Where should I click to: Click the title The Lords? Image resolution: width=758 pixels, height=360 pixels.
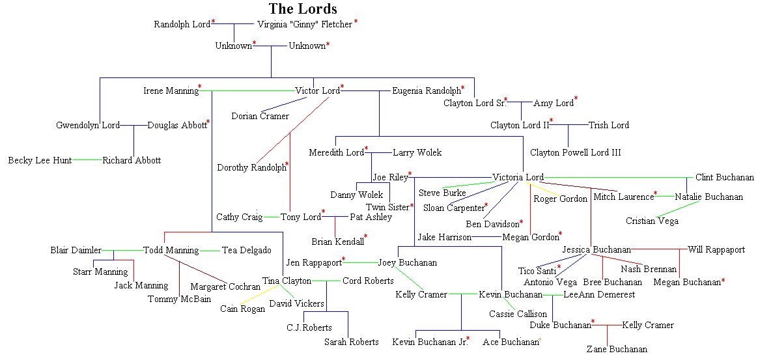click(x=303, y=8)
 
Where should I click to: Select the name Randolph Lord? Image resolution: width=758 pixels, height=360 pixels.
click(x=182, y=25)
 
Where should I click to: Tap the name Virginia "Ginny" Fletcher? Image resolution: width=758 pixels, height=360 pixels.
click(x=305, y=25)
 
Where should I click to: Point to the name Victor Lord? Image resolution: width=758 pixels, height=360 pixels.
click(x=317, y=91)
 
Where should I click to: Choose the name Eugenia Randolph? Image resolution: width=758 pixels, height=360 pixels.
click(x=426, y=91)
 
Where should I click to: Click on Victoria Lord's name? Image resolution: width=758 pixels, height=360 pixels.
click(x=518, y=178)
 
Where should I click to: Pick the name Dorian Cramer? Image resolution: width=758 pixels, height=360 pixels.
click(x=260, y=117)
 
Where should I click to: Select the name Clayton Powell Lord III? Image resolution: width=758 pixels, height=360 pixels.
click(x=575, y=152)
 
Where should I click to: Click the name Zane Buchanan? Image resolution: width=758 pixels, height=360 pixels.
click(x=617, y=350)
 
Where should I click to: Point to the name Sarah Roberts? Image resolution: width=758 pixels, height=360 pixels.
click(x=351, y=342)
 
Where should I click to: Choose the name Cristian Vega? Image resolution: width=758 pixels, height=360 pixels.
click(x=652, y=221)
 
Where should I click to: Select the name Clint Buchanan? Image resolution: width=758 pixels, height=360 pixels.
click(x=724, y=178)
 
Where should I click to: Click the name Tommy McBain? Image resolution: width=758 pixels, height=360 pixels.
click(x=171, y=299)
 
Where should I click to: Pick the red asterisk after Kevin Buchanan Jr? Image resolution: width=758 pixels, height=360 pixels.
click(x=468, y=339)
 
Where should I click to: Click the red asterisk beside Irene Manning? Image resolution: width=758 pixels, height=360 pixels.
click(x=200, y=87)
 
